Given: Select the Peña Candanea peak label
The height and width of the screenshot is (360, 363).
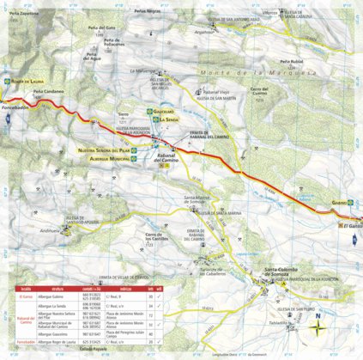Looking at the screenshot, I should click(x=49, y=90).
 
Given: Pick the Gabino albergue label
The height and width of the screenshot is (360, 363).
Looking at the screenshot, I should click(x=337, y=203).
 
